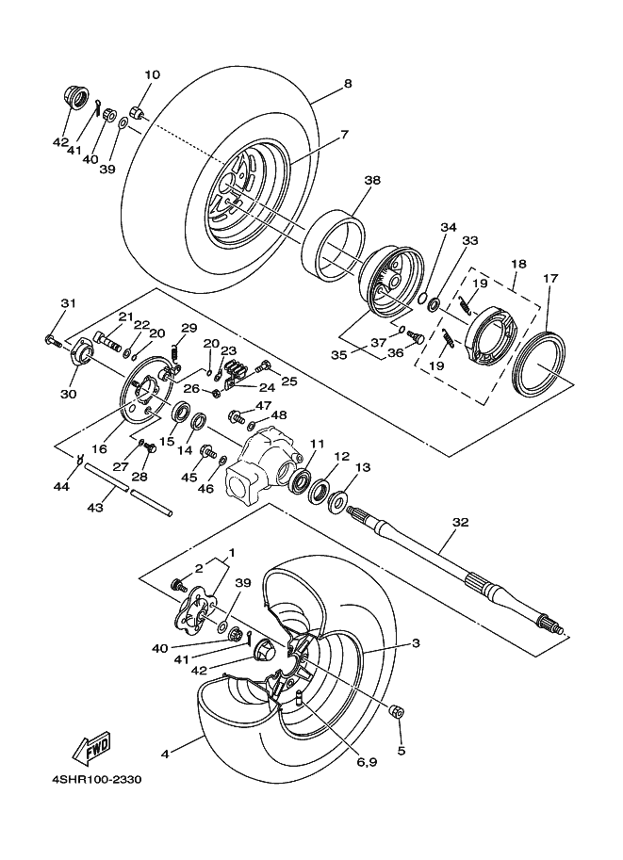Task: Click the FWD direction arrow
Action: coord(91,747)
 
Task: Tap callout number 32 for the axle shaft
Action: coord(461,522)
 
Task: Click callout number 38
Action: coord(372,180)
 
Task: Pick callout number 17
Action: coord(550,278)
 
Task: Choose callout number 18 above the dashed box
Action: coord(518,264)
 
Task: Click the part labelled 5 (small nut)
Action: coord(397,712)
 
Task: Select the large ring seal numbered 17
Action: coord(539,365)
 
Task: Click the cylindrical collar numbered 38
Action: coord(334,245)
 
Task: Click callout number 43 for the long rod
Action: coord(95,508)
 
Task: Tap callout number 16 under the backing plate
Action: coord(99,448)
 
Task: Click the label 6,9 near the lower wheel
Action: coord(366,762)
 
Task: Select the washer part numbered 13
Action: coord(336,502)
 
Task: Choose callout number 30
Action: coord(69,394)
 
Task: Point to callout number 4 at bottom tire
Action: coord(165,755)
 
